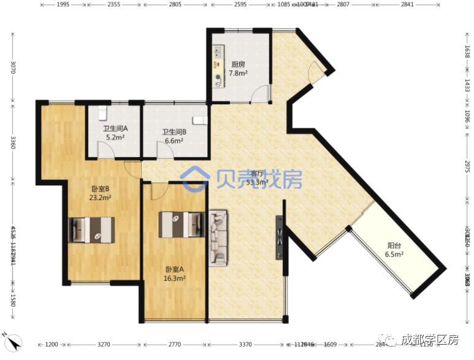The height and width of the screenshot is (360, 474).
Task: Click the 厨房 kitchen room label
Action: point(239,64)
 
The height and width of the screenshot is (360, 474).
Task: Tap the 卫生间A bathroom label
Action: point(115,129)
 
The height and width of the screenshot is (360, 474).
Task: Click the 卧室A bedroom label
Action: point(175,269)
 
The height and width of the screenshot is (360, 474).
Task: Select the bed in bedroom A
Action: point(181,224)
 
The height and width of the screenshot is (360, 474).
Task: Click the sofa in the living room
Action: point(218,238)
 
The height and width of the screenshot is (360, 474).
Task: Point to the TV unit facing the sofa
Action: point(280,236)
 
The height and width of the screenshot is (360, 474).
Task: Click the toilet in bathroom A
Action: point(103,112)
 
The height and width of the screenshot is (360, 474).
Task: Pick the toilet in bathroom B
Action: point(199,120)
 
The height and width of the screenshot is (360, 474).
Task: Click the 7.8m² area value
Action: point(239,74)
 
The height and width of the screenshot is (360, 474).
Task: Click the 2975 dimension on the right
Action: point(467,166)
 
